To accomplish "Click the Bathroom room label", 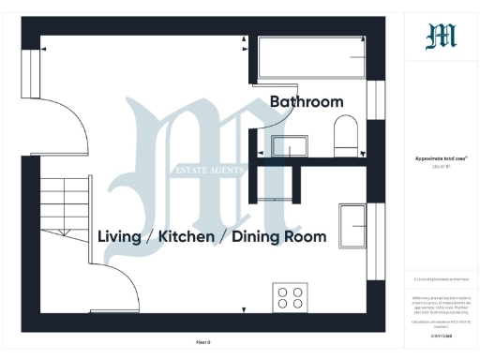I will point(307,101).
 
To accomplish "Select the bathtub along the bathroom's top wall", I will point(308,57).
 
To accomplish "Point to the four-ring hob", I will point(290,297).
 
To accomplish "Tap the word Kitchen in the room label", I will point(188,237).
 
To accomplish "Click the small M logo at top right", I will point(441,37).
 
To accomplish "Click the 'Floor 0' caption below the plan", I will point(203,342).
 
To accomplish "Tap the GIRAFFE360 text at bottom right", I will point(441,333).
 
